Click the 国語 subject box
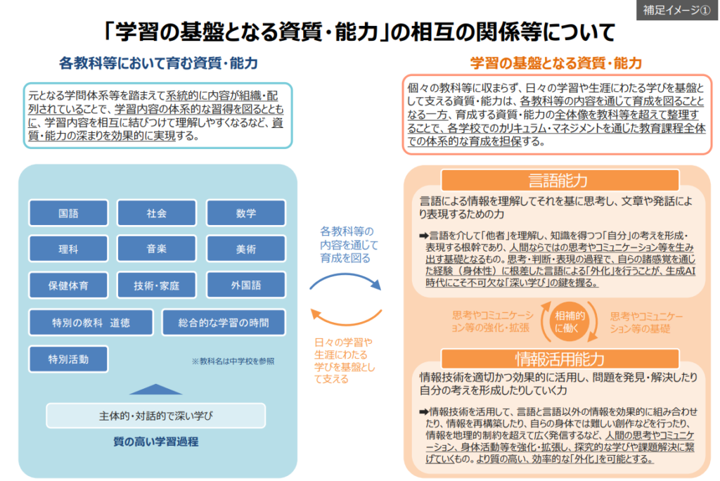click(x=68, y=213)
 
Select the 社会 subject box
click(x=157, y=213)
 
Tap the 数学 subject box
click(x=246, y=213)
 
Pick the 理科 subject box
click(x=68, y=249)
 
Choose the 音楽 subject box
click(x=157, y=249)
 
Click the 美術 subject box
click(x=246, y=249)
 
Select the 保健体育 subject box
click(x=68, y=286)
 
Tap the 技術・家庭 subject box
click(x=157, y=286)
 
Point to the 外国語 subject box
click(x=246, y=286)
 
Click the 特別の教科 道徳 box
click(x=91, y=323)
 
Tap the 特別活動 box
click(x=68, y=359)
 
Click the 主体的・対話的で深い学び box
click(x=155, y=416)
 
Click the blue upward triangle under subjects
click(x=155, y=389)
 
